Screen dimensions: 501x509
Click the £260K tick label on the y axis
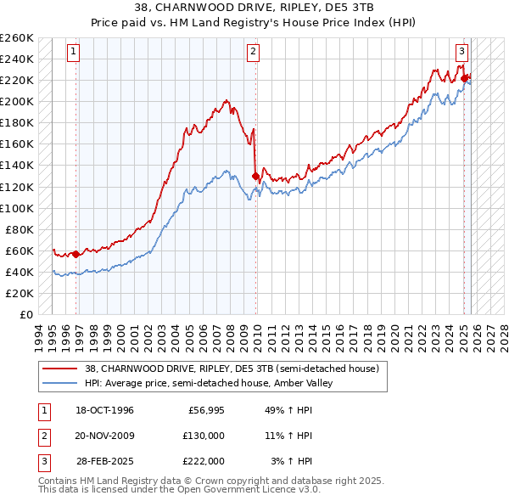tap(17, 38)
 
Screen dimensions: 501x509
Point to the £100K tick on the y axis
tap(17, 208)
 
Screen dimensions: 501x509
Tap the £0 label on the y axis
tap(26, 314)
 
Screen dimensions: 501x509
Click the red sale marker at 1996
tap(76, 253)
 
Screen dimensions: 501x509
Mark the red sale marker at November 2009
tap(255, 176)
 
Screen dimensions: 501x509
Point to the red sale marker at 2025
tap(464, 78)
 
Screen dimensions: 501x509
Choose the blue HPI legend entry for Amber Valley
tap(209, 384)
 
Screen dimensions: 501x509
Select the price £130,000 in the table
tap(204, 436)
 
